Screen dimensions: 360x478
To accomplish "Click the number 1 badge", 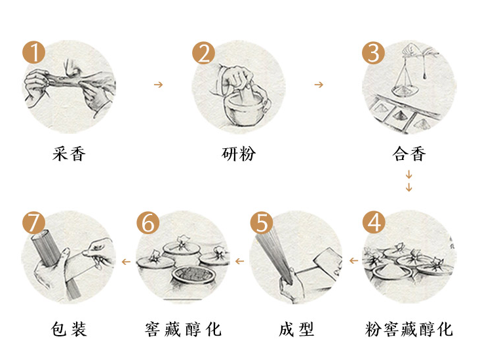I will coord(33,52).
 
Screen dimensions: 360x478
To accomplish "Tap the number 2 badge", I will coord(203,52).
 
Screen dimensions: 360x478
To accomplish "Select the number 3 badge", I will coord(374,52).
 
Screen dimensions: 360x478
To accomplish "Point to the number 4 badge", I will coord(374,222).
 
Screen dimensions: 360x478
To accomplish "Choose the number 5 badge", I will coord(261,222).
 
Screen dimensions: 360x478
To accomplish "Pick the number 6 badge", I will coord(148,222).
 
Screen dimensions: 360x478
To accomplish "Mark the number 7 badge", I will coord(33,222).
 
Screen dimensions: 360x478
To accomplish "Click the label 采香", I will coord(69,155).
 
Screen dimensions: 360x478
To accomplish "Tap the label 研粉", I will coord(239,155).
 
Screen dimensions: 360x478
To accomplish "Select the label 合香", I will coord(409,155).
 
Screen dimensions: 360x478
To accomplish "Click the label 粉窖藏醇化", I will coord(409,329).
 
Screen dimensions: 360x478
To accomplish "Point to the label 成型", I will coord(296,329).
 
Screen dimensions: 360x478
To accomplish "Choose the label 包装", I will coord(69,329).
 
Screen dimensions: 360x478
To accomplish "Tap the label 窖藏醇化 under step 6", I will coord(183,329).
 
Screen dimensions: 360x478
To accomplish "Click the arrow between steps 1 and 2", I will coord(157,85).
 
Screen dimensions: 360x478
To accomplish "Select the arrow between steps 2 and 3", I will coord(319,85).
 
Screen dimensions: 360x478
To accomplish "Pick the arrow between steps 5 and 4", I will coord(353,261).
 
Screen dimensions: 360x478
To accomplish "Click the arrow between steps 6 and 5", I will coord(239,261).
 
